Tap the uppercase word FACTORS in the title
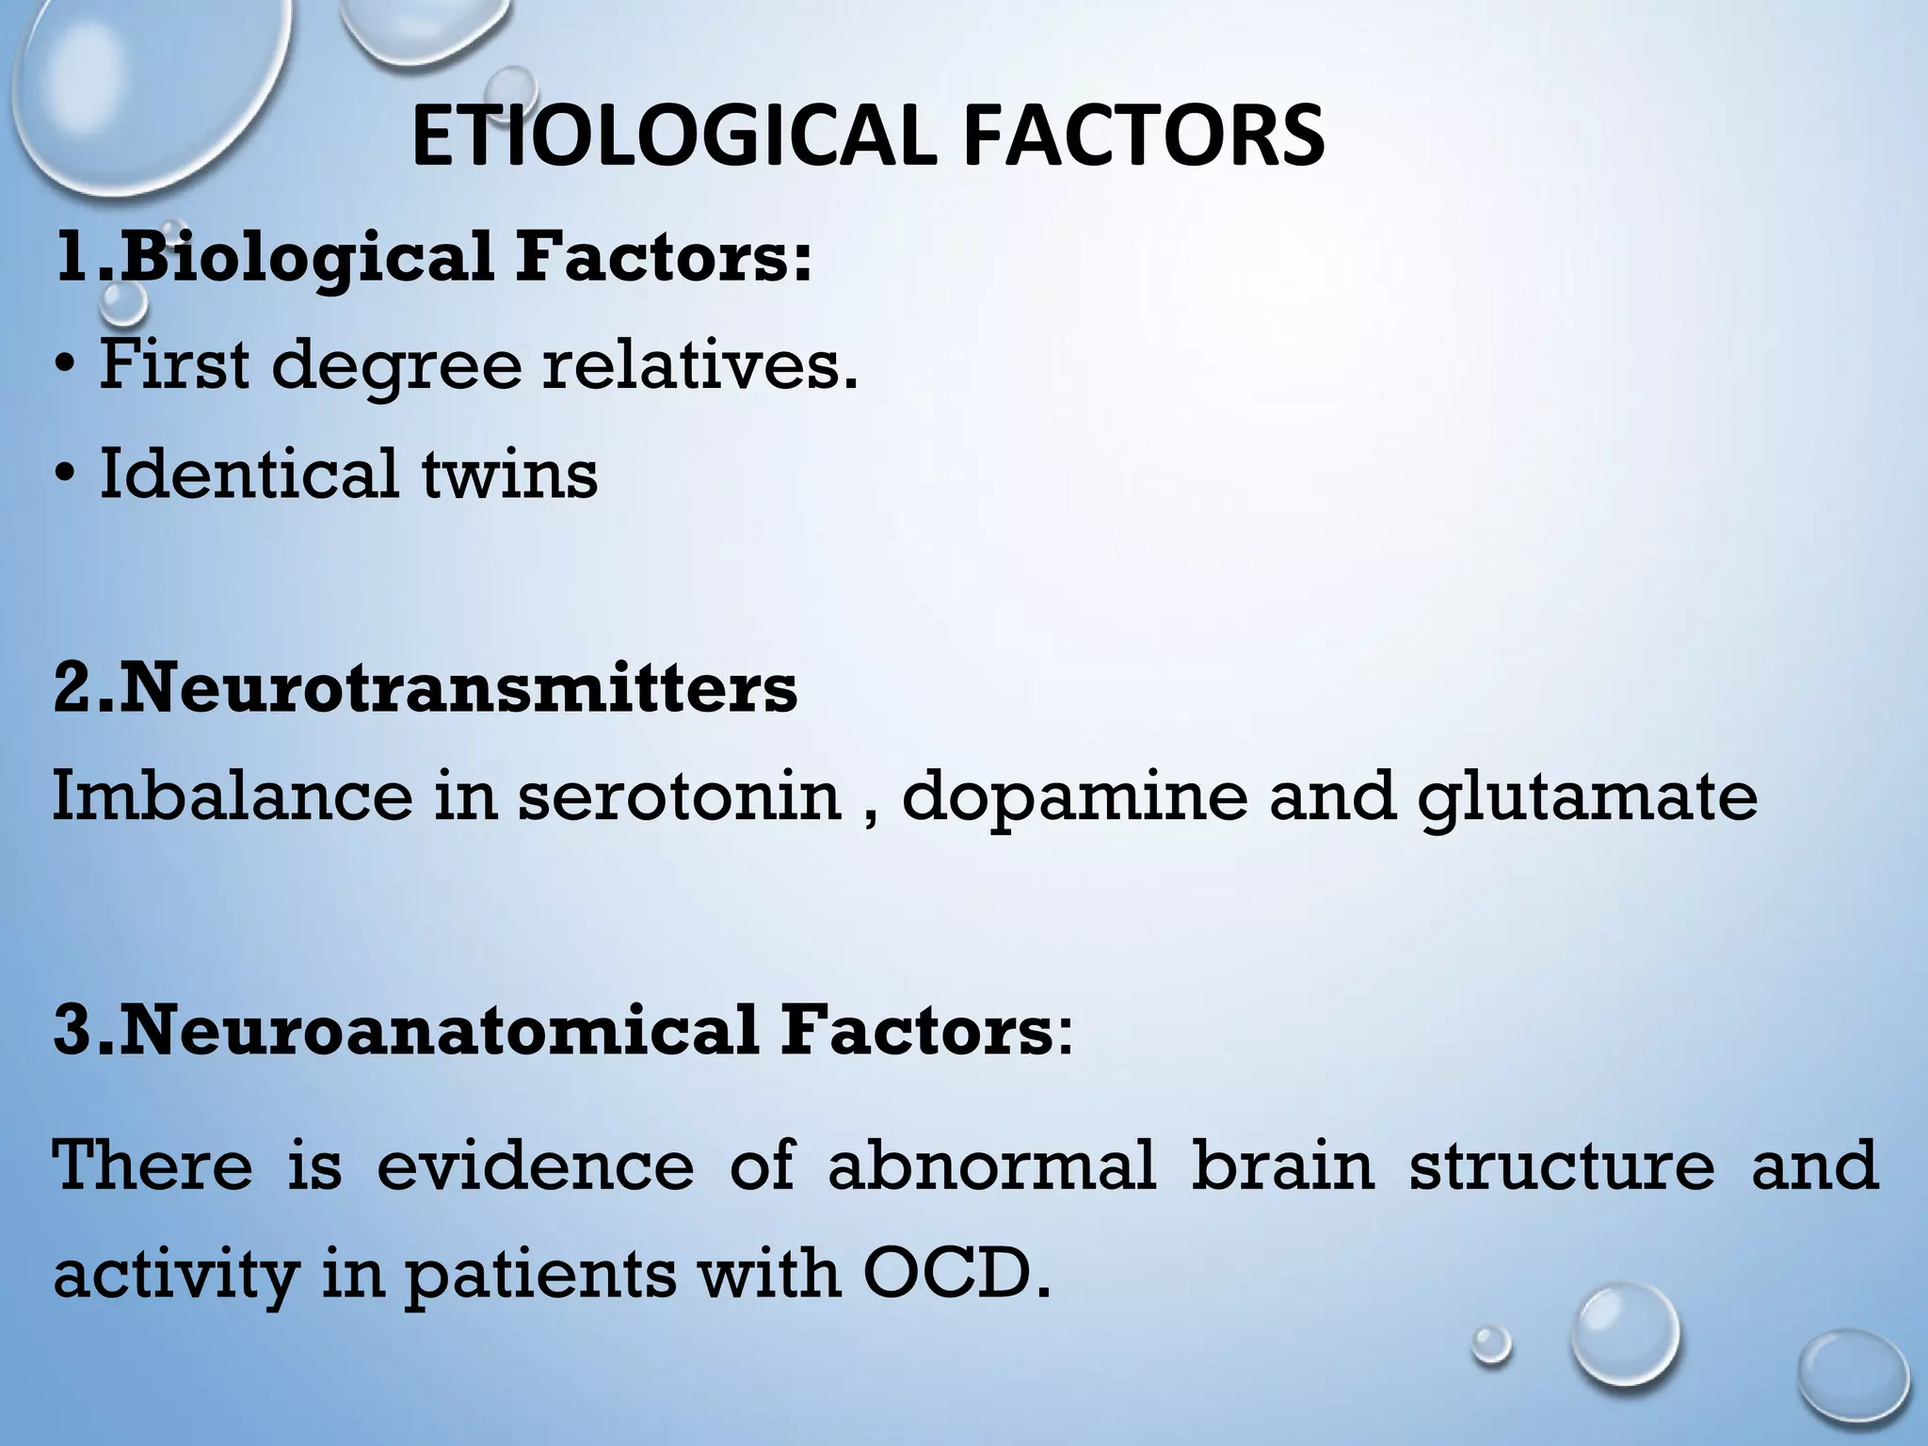[x=1143, y=137]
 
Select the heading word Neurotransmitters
[x=458, y=688]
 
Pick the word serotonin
[x=679, y=796]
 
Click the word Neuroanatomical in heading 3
[x=439, y=1031]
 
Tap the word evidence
[x=535, y=1165]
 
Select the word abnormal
[x=991, y=1165]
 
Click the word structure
[x=1561, y=1165]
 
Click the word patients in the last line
[x=540, y=1277]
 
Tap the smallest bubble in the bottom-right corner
[x=1490, y=1343]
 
